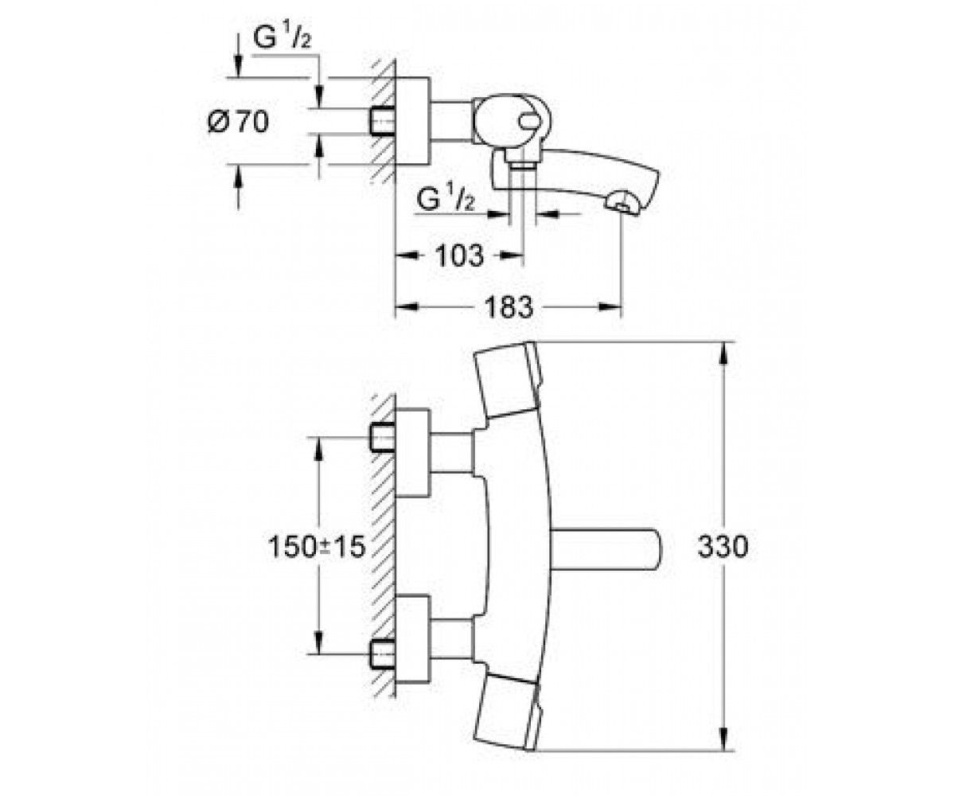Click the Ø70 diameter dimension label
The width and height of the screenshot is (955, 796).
(238, 122)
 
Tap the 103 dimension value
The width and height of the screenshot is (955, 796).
(459, 256)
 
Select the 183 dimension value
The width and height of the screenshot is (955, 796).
(509, 306)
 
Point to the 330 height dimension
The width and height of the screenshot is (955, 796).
(723, 546)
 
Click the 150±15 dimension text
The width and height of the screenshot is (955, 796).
(317, 547)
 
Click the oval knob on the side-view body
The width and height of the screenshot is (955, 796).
(531, 122)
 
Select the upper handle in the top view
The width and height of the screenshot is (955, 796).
(508, 379)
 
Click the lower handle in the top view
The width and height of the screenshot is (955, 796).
(508, 714)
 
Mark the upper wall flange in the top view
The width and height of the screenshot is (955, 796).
(413, 453)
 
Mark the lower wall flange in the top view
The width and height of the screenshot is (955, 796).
(413, 639)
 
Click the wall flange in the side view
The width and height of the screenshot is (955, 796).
(413, 121)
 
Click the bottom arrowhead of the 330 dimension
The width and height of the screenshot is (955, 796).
(723, 739)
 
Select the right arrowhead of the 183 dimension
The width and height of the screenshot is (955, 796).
(610, 306)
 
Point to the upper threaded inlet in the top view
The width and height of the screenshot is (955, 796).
(382, 437)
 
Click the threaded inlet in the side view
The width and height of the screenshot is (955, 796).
(382, 122)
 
